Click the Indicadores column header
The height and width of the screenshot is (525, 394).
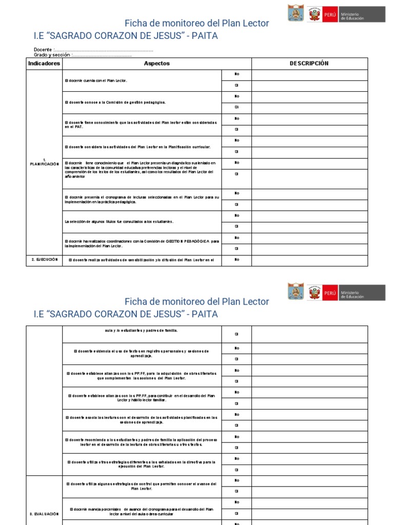point(44,64)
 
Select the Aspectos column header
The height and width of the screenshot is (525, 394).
point(156,64)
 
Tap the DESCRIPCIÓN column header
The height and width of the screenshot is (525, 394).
point(309,64)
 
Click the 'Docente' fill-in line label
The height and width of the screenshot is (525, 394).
point(44,49)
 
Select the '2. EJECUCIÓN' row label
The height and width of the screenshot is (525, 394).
point(44,260)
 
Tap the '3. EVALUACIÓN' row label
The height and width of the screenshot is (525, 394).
point(44,513)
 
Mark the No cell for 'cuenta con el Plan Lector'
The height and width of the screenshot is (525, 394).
point(237,74)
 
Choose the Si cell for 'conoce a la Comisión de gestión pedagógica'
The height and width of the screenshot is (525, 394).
point(237,108)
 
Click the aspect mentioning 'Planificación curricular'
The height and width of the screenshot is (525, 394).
point(137,147)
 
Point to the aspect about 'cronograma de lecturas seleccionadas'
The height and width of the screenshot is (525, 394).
point(142,199)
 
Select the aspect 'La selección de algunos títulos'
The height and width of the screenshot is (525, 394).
point(119,221)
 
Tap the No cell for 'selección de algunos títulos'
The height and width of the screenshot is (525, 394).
point(237,215)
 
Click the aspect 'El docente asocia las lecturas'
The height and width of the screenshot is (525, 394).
point(142,419)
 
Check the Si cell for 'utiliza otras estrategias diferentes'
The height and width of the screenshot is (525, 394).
point(237,470)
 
